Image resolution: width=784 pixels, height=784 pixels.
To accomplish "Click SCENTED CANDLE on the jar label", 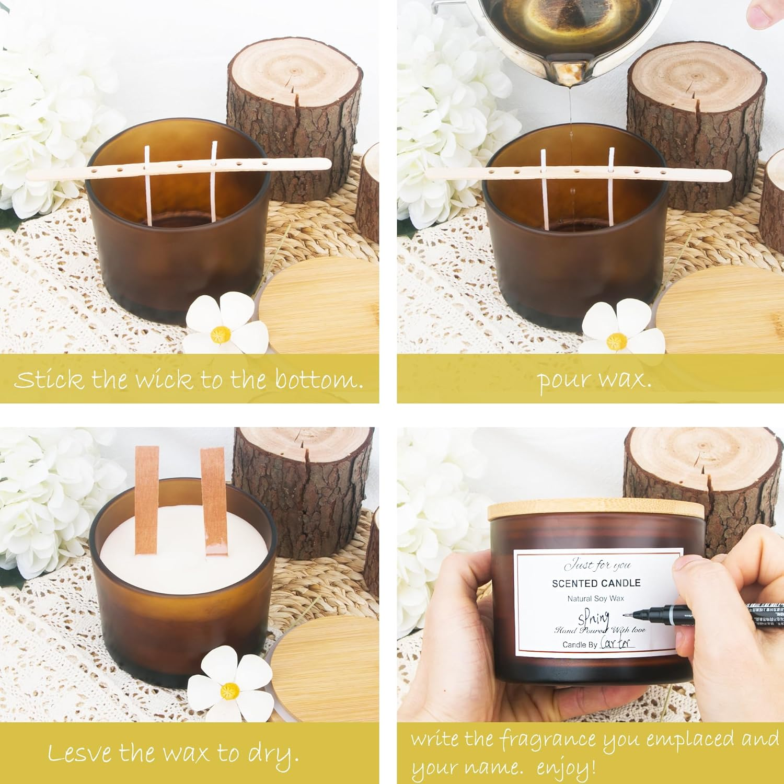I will [x=596, y=583].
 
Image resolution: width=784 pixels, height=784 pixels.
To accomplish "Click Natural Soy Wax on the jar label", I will [x=596, y=598].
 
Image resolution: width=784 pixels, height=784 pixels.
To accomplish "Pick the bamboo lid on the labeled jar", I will [x=596, y=511].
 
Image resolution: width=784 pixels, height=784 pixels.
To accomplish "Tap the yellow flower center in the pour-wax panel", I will [x=617, y=340].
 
